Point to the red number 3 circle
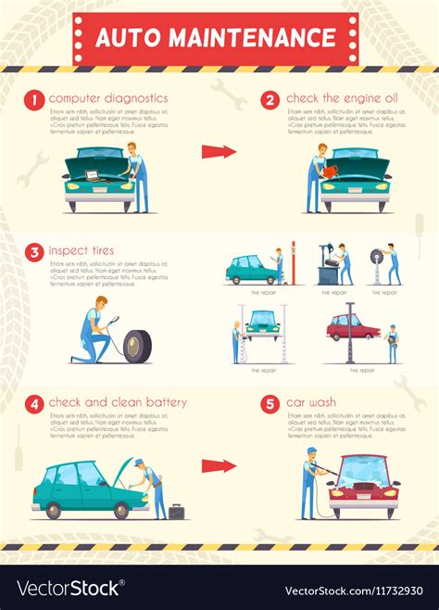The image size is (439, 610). point(34,250)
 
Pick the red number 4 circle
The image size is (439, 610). point(34,403)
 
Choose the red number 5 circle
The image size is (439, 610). point(270,403)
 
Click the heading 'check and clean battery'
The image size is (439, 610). point(118,403)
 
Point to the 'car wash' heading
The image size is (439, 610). point(310,403)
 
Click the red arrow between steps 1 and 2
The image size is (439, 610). point(219,152)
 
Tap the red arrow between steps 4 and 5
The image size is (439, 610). point(219,465)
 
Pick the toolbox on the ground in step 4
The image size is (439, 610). point(176,511)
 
